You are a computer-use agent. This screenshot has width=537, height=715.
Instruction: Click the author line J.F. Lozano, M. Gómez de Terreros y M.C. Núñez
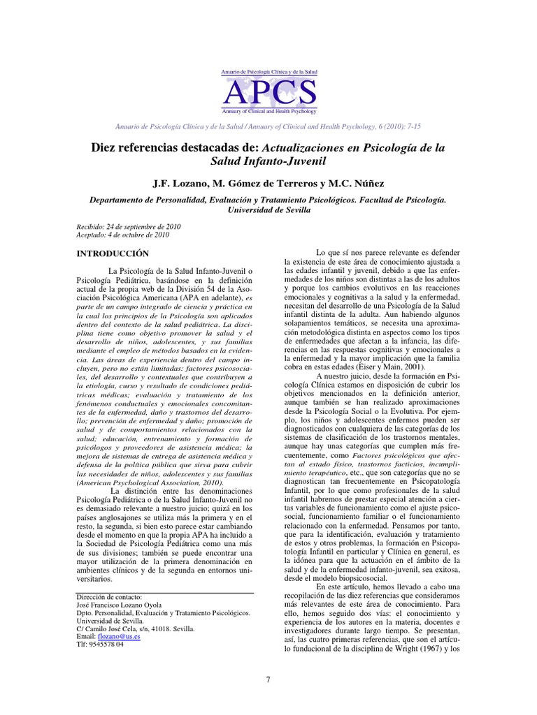[268, 183]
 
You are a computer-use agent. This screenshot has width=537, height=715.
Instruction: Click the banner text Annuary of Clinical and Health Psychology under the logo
[268, 111]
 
